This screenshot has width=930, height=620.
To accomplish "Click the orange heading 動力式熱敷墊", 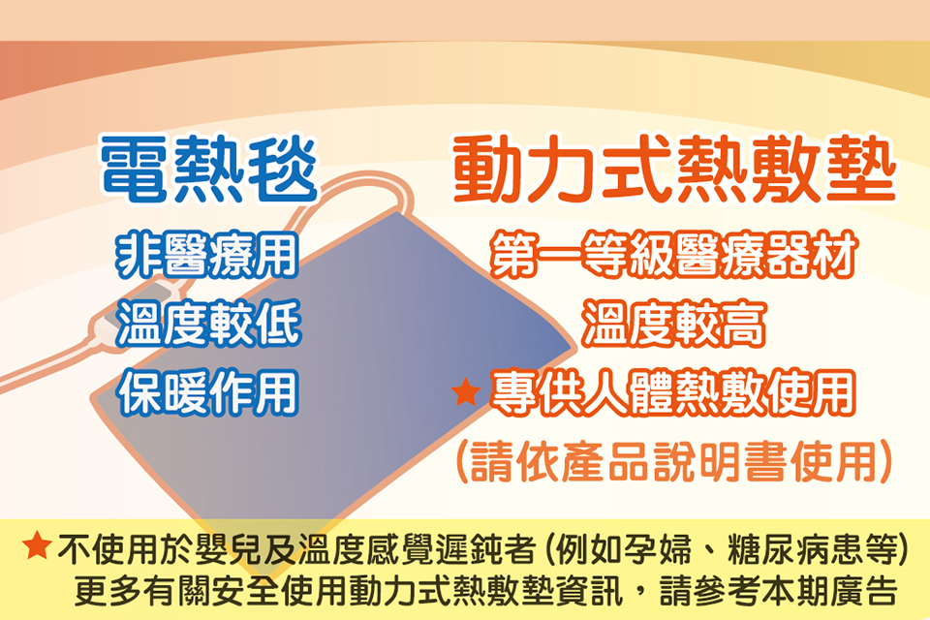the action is click(674, 170).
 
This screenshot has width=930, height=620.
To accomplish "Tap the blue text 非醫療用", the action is click(207, 255).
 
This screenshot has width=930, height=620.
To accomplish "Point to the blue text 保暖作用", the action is click(208, 392).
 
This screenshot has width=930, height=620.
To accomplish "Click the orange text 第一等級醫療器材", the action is click(674, 255).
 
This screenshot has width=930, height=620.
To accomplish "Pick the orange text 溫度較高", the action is click(674, 324).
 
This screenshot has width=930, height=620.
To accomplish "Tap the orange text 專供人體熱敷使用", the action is click(672, 392).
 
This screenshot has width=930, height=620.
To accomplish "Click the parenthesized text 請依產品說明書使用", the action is click(674, 461).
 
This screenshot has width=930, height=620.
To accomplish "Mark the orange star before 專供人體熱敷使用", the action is click(466, 392).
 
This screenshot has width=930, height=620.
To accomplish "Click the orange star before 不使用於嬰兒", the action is click(37, 545).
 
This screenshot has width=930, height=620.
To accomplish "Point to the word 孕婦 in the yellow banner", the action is click(658, 549).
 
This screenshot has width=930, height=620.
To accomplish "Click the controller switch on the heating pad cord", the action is click(138, 308).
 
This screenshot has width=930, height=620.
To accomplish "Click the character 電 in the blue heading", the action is click(134, 169).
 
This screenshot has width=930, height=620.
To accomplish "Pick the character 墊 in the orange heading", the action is click(861, 170).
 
